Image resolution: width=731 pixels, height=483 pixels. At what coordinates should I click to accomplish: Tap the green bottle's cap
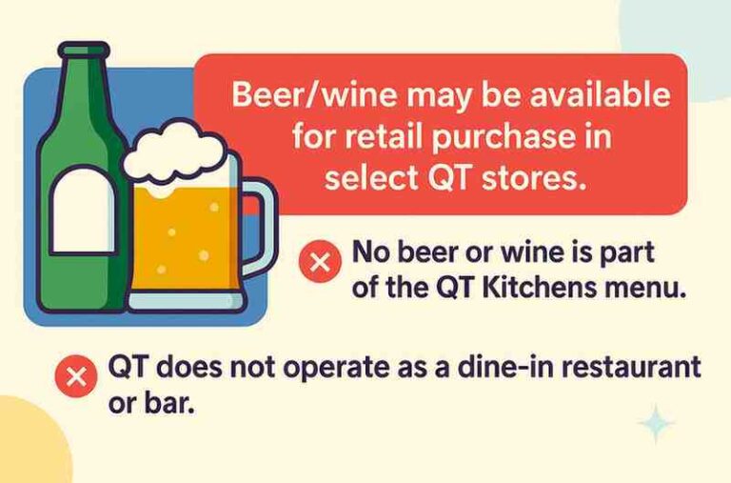(x=84, y=50)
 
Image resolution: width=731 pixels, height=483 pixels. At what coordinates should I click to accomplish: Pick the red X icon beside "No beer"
(x=319, y=261)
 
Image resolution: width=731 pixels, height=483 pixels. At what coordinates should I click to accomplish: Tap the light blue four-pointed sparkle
(x=656, y=423)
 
